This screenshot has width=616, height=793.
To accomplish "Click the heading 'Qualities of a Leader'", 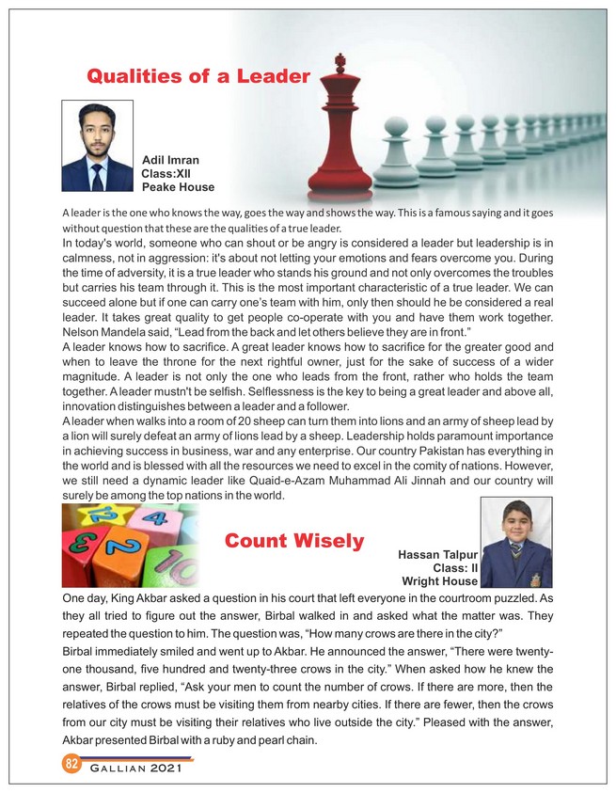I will pyautogui.click(x=197, y=75).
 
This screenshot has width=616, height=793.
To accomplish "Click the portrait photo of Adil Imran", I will pyautogui.click(x=97, y=146).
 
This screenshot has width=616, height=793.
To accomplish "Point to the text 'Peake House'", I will pyautogui.click(x=178, y=187).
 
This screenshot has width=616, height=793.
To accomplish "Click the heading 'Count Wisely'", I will pyautogui.click(x=293, y=541).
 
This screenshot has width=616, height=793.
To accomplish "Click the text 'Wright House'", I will pyautogui.click(x=439, y=581).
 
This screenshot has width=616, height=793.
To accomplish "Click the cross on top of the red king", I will pyautogui.click(x=339, y=63).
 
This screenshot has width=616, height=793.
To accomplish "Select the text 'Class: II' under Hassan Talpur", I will pyautogui.click(x=455, y=568).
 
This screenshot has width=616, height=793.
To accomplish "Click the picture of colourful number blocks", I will pyautogui.click(x=129, y=546).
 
